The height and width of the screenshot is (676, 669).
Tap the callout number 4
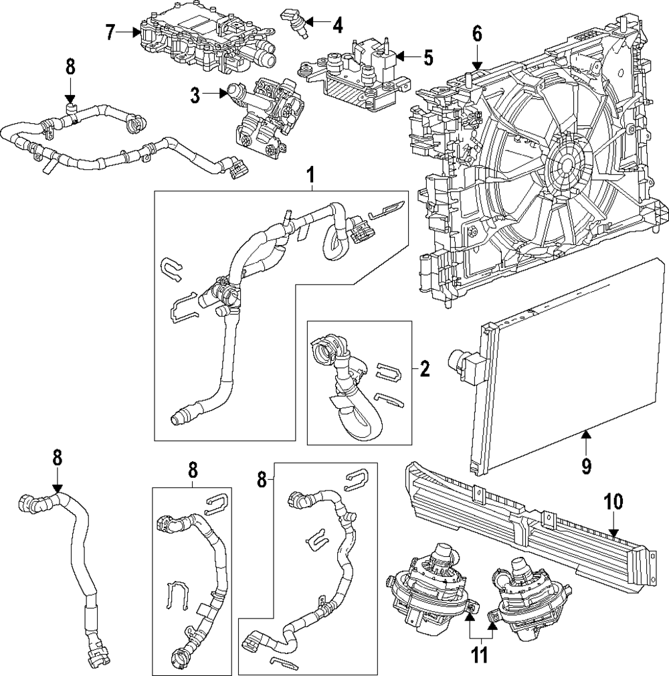[337, 26]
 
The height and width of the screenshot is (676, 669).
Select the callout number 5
[428, 58]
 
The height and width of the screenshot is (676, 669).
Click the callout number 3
[195, 96]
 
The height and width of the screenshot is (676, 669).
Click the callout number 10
[613, 501]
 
